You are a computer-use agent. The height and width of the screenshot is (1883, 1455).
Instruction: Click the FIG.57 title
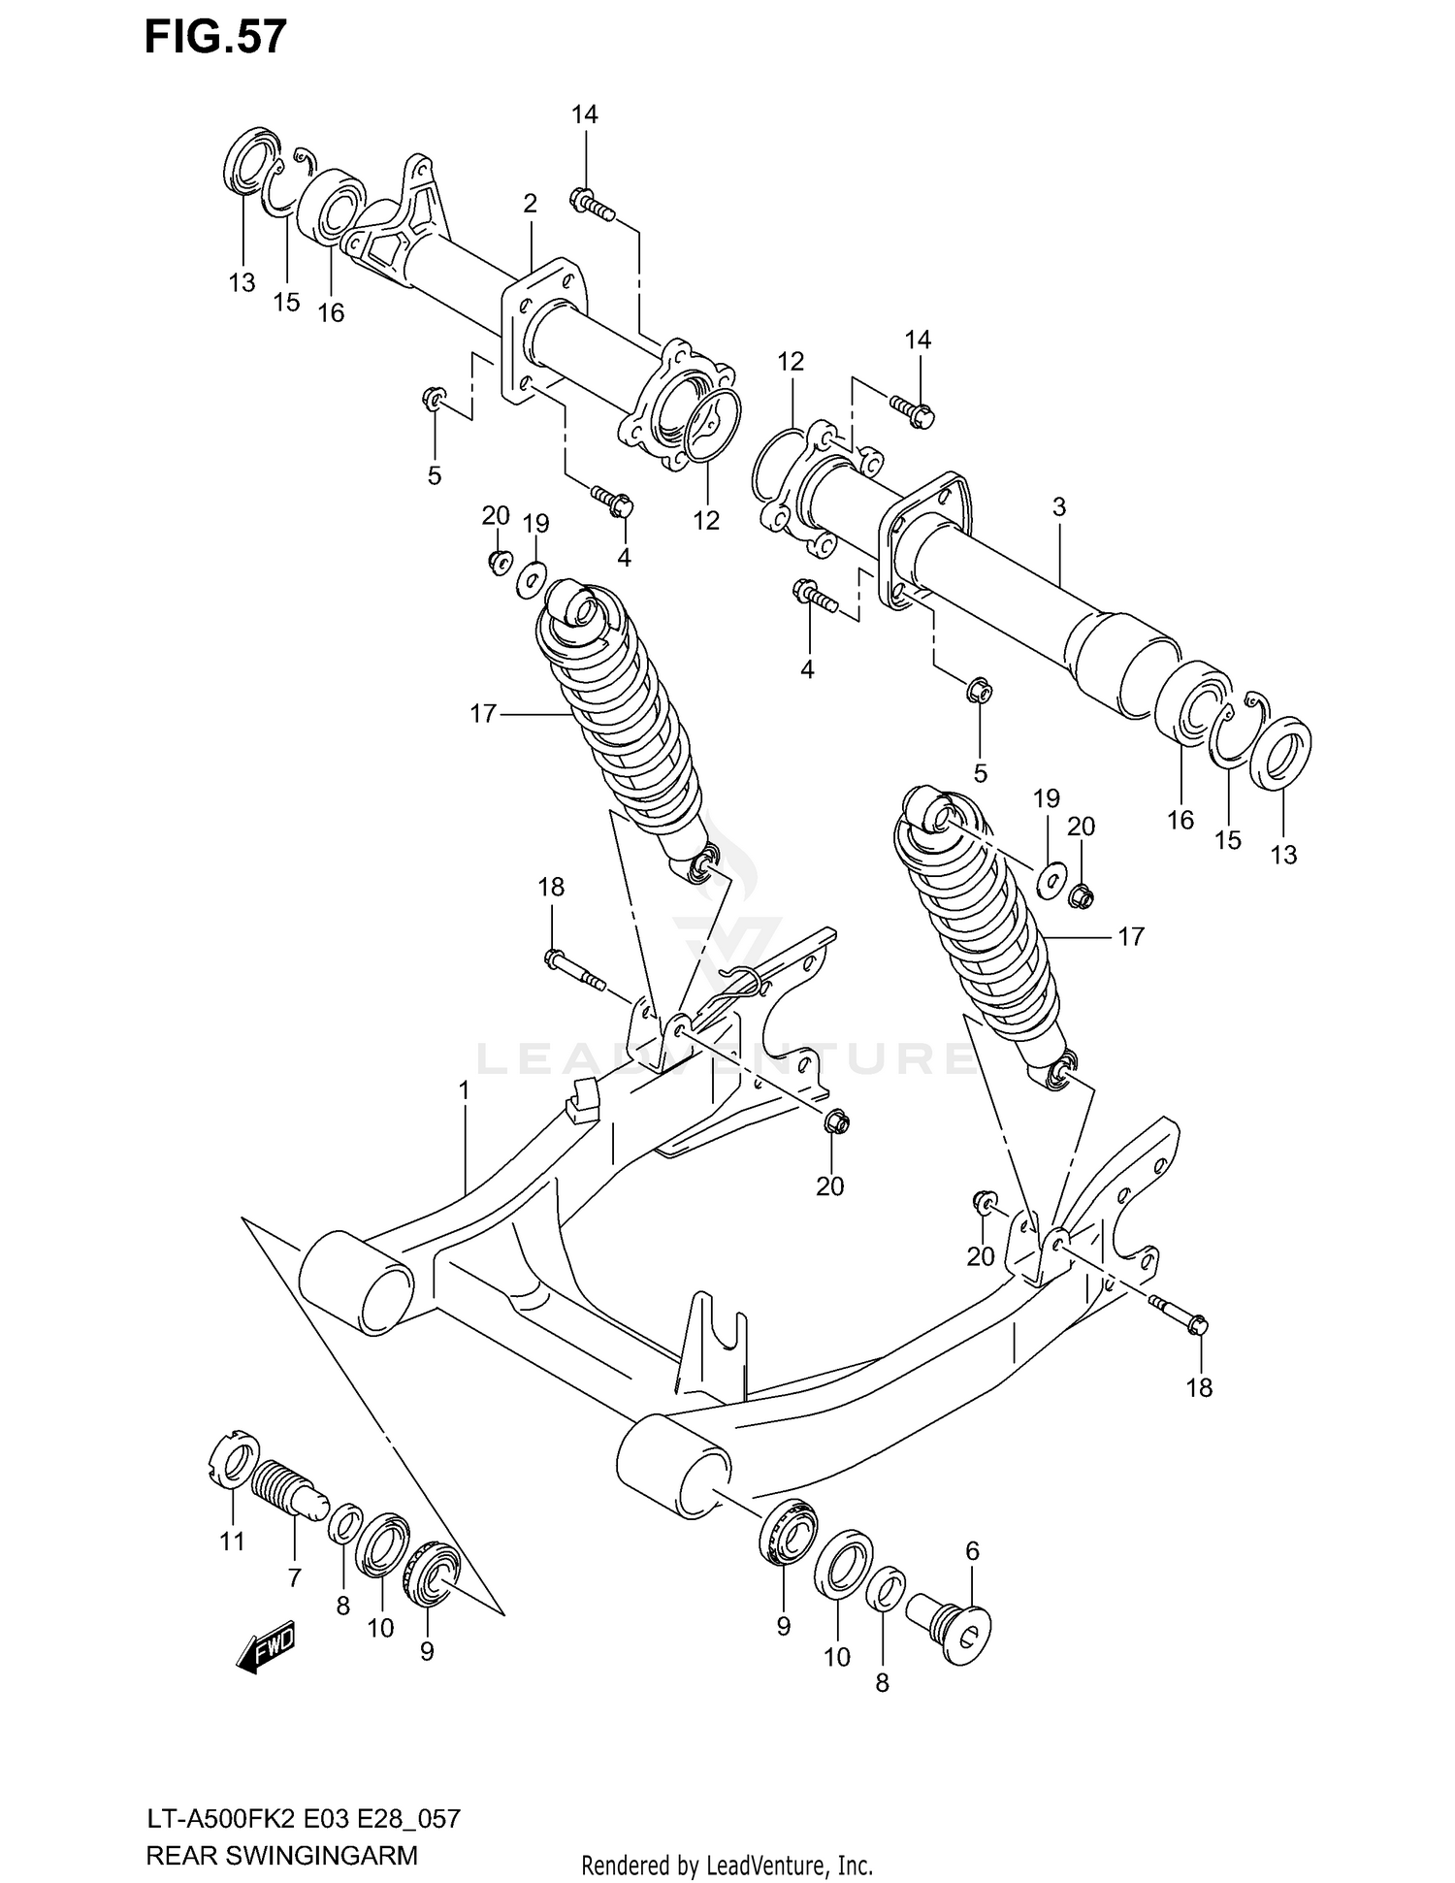(215, 37)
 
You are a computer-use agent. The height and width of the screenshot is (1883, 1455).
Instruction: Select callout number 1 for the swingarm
(465, 1090)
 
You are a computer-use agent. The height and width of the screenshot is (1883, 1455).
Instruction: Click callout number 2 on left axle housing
(530, 204)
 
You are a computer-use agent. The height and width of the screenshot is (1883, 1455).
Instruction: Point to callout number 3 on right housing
(1059, 506)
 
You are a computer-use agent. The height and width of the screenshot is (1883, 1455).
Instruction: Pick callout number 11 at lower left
(232, 1541)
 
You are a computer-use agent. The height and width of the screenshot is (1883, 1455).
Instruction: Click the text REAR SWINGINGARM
(281, 1856)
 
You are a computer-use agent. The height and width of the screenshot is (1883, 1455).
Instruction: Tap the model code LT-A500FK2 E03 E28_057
(303, 1818)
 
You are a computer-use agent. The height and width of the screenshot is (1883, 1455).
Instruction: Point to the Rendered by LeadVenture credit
(727, 1866)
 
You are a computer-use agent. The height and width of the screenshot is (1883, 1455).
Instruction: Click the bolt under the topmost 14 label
(591, 204)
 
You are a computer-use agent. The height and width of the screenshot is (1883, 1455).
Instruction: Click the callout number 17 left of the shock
(483, 714)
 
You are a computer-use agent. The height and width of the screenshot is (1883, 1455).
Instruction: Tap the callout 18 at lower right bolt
(1200, 1387)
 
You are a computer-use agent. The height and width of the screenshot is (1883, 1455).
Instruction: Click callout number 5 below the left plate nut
(434, 475)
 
